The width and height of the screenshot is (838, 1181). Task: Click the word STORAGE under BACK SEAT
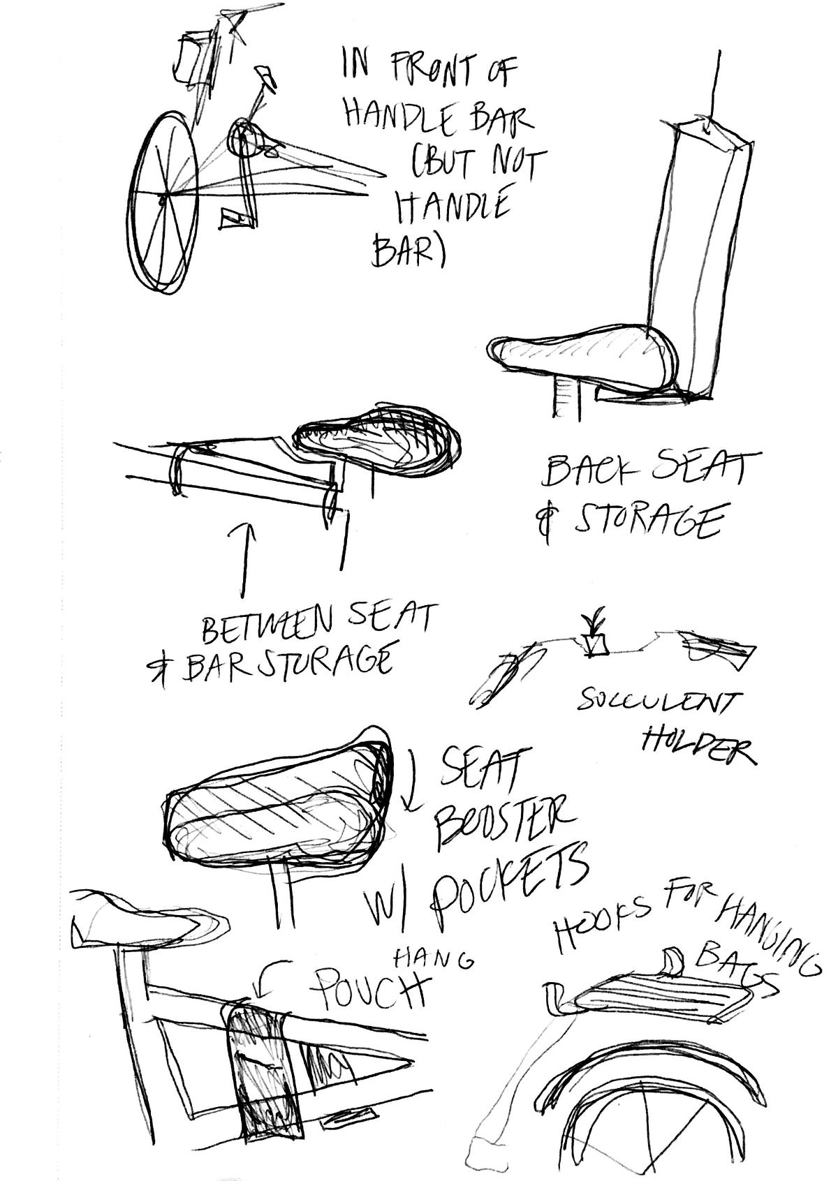pos(646,520)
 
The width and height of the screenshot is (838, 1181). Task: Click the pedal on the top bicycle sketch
pos(234,220)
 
